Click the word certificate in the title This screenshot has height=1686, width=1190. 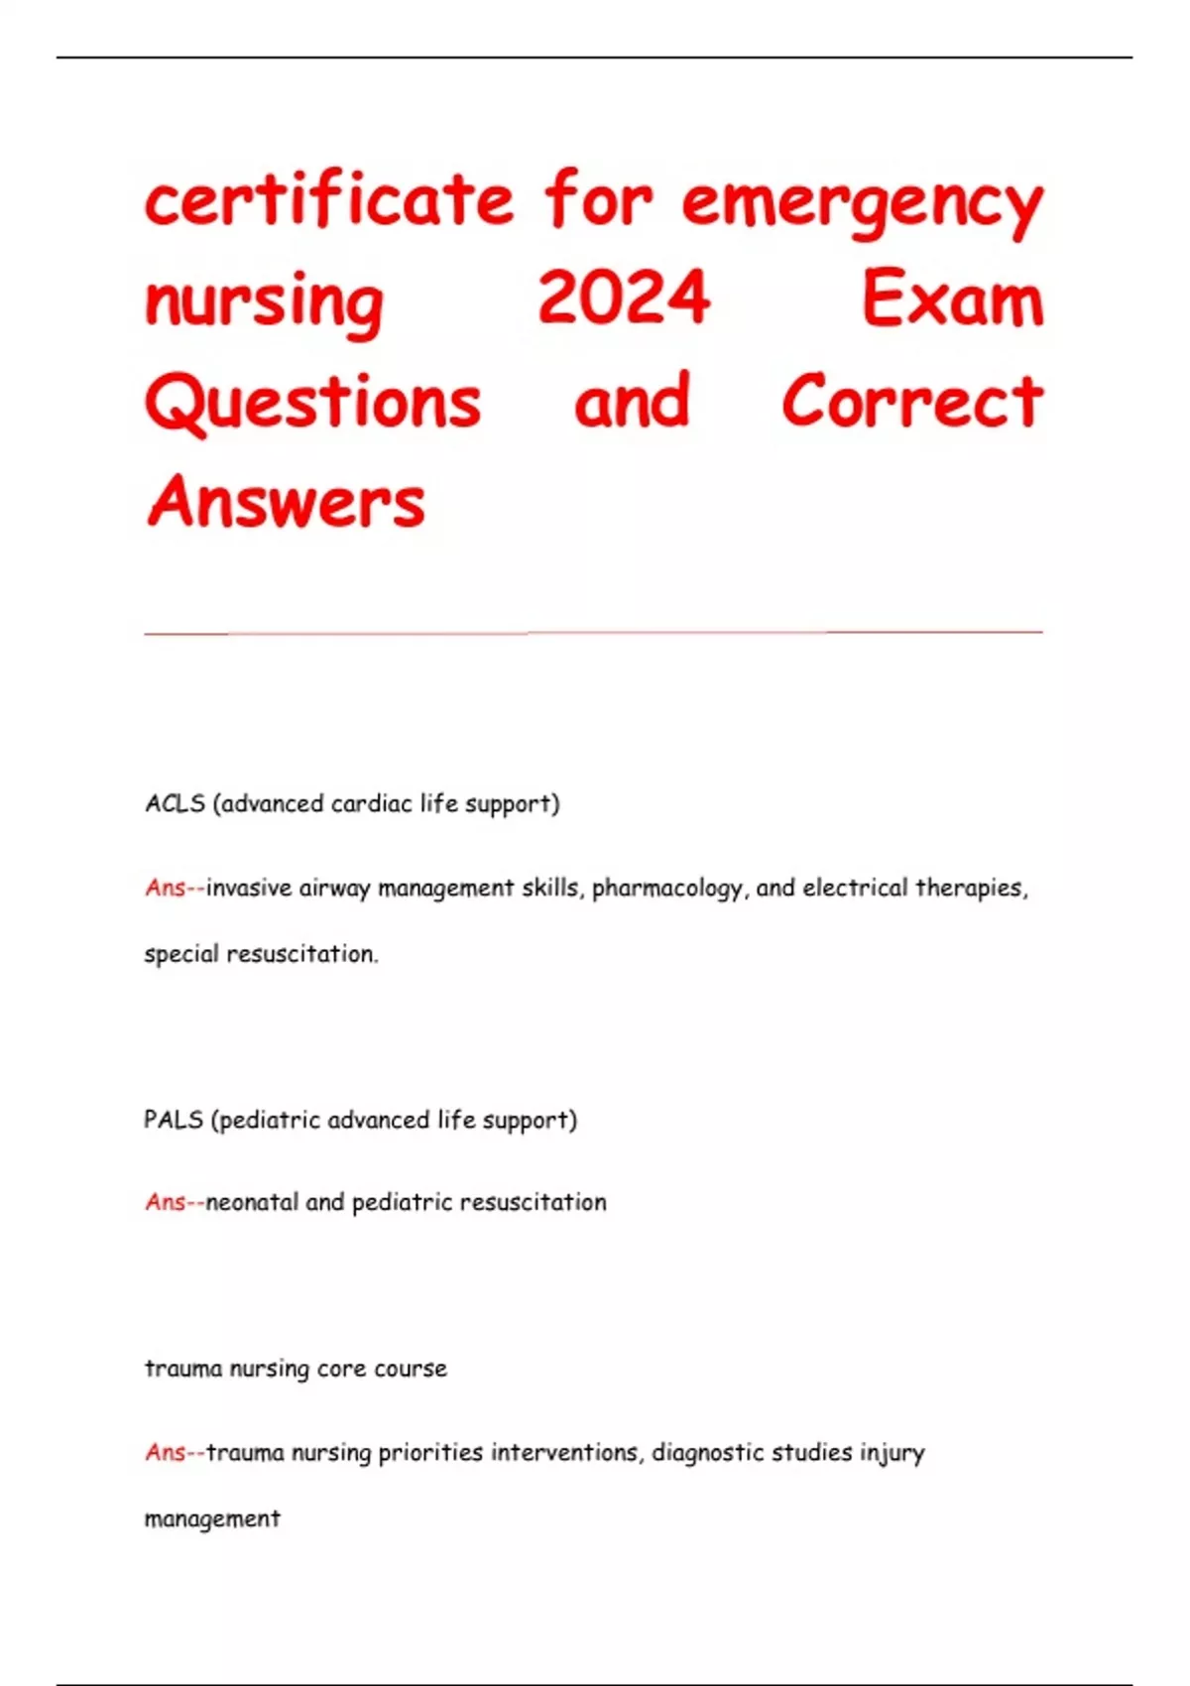click(329, 200)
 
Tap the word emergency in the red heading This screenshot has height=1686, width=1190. click(862, 203)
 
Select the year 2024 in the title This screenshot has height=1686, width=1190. click(624, 298)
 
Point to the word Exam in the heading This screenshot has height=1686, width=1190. click(952, 300)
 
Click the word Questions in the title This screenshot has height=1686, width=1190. click(313, 402)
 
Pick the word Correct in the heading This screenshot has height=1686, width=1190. click(912, 402)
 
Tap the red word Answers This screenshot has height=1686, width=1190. click(286, 502)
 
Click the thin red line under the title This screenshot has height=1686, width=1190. click(593, 632)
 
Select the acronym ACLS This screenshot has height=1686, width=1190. click(175, 803)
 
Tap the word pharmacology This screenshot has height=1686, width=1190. click(667, 889)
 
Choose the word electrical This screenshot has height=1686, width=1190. click(855, 888)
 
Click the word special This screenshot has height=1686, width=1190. click(181, 954)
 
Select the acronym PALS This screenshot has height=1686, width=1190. click(174, 1120)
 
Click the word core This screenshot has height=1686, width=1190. click(341, 1369)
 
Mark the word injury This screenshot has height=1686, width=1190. click(892, 1453)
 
